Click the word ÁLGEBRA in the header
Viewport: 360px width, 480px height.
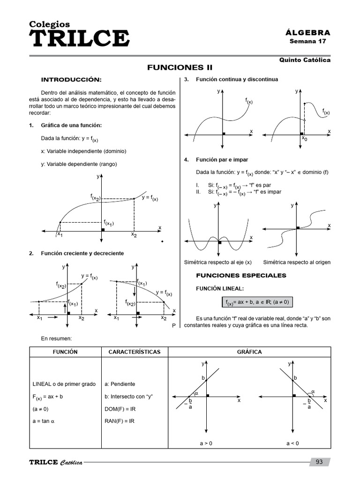coord(307,33)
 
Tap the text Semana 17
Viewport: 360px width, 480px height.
coord(307,41)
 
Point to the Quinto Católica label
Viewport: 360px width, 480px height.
coord(305,60)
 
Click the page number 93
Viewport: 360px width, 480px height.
coord(320,462)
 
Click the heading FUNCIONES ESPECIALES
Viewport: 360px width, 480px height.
coord(241,275)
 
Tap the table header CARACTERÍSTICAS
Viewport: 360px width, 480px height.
coord(135,352)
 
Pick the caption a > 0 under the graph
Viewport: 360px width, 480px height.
coord(206,443)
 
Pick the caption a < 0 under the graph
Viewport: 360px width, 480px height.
coord(292,443)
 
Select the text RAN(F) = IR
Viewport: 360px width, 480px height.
coord(120,421)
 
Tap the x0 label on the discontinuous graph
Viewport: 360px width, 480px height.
coord(304,138)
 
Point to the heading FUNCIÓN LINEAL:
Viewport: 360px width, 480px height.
coord(220,289)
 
